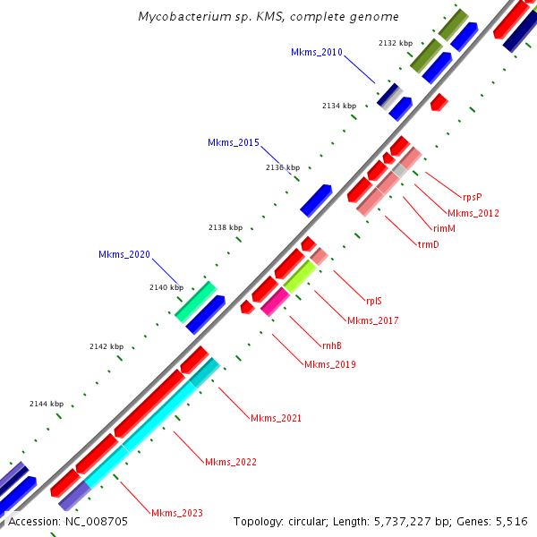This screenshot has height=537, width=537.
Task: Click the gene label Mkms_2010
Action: pos(316,53)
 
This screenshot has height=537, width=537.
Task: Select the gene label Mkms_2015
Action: pos(233,143)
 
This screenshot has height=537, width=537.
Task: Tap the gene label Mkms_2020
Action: pos(124,255)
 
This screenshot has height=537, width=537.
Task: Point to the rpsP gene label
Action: pos(473,196)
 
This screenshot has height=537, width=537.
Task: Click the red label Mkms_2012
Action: pos(473,213)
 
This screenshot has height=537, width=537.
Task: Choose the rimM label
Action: pos(444,229)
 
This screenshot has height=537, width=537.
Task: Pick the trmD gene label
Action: pos(428,245)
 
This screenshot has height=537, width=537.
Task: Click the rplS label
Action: pos(374,302)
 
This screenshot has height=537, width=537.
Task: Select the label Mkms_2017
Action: pos(372,320)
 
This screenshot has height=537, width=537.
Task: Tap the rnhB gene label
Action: pos(331,345)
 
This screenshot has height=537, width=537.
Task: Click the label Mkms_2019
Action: pos(330,365)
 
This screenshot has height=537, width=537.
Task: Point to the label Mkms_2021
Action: pos(276,419)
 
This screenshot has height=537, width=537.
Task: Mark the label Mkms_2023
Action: pos(176,514)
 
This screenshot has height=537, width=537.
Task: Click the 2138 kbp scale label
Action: pos(226,228)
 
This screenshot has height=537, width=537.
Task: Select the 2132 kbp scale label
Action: pos(396,43)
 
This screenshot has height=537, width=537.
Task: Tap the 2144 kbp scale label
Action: pos(46,404)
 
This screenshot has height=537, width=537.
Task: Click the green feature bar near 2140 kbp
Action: pos(195,302)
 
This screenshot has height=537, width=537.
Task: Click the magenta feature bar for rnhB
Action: pos(275,301)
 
